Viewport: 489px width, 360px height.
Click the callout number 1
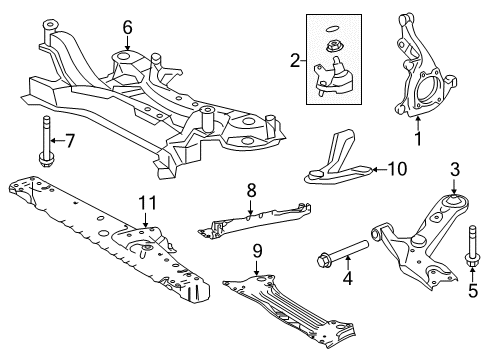coord(418,156)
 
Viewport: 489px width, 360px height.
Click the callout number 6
coord(127,27)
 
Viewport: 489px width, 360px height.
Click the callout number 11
coord(147,203)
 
